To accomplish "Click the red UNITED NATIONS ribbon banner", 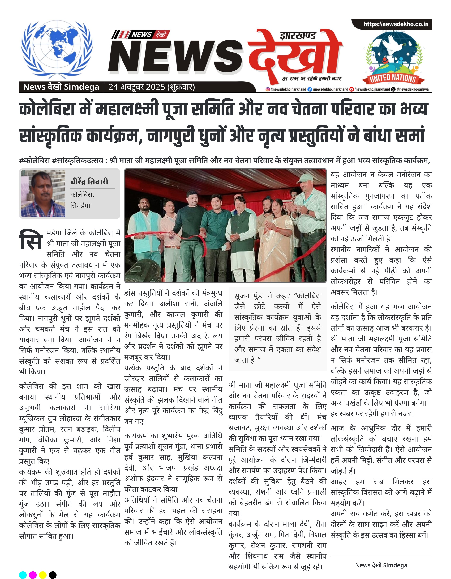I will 393,78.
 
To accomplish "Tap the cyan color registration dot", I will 23,575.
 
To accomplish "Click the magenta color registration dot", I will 33,575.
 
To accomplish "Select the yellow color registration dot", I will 43,575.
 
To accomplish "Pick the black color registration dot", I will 53,575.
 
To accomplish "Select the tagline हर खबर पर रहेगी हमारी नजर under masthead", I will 311,79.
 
